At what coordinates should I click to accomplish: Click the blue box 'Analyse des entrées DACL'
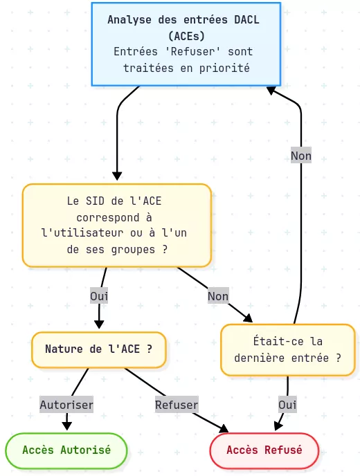(186, 44)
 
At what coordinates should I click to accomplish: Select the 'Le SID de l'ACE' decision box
(116, 225)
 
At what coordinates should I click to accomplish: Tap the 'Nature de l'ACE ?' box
(98, 349)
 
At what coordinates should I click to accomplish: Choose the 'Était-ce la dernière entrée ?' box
(287, 349)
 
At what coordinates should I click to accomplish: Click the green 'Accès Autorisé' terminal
(66, 450)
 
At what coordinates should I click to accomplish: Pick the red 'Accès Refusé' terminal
(264, 450)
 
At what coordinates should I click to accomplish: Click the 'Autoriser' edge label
(66, 404)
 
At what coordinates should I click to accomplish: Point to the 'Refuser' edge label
(177, 404)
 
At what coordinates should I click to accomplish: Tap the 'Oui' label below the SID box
(99, 296)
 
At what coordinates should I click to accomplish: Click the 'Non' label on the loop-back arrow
(301, 156)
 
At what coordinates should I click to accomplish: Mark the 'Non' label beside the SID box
(218, 296)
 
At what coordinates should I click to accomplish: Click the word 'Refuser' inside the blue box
(186, 52)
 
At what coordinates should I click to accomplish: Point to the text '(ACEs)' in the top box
(186, 35)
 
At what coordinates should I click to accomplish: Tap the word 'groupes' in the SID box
(134, 250)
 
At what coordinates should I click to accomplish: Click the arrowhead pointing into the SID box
(116, 177)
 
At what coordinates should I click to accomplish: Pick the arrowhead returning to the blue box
(271, 90)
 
